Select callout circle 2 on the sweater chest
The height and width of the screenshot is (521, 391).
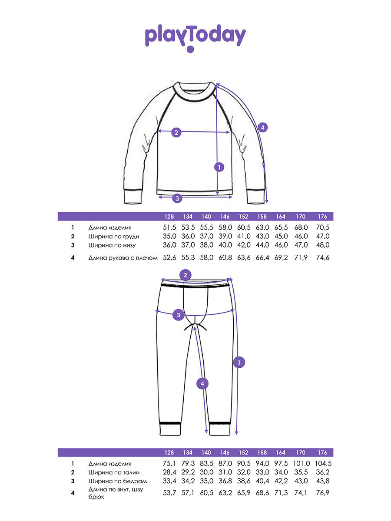[176, 132]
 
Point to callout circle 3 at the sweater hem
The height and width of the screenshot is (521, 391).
[176, 198]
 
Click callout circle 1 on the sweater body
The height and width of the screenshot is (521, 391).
[219, 166]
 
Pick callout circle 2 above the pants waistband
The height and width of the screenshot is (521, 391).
[186, 275]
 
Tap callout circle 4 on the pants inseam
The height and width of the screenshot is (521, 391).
[202, 383]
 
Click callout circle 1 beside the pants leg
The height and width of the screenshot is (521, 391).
[239, 362]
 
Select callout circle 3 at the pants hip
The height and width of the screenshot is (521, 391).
[178, 315]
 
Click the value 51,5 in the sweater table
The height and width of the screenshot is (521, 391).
[169, 228]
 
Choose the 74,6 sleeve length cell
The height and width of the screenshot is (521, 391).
[322, 257]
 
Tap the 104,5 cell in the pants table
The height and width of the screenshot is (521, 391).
[322, 464]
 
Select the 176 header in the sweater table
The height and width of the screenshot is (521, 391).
[322, 217]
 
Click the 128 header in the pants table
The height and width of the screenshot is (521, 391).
[169, 452]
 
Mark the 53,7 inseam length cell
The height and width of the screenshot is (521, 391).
[169, 493]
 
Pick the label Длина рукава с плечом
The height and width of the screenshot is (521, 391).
[123, 257]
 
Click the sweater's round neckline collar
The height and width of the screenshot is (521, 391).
[194, 93]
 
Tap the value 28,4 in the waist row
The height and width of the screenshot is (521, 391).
[169, 472]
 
